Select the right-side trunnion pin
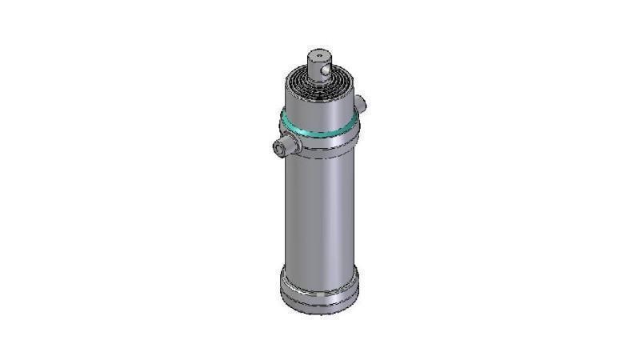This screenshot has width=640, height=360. (360, 103)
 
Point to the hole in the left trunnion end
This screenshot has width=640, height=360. (278, 147)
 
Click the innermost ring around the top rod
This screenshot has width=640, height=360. (320, 82)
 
